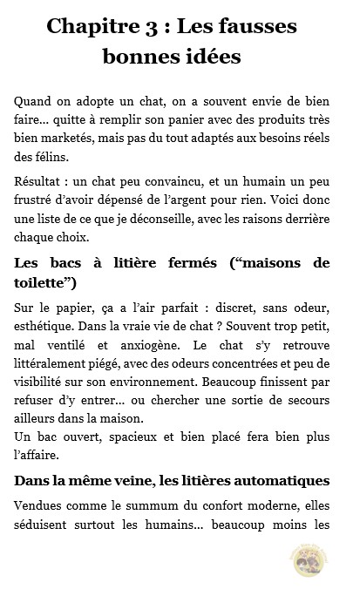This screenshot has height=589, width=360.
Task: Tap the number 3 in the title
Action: [160, 27]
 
